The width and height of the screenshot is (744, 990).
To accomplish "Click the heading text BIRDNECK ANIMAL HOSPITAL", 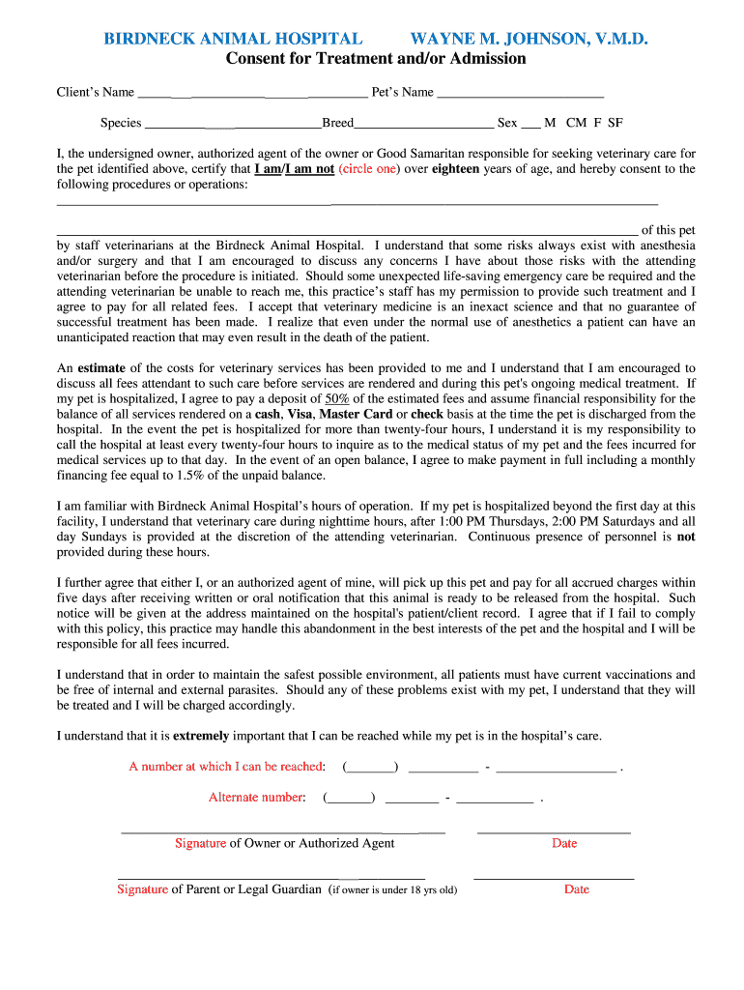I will [x=233, y=39].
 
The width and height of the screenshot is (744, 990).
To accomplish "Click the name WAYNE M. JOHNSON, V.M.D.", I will [x=529, y=39].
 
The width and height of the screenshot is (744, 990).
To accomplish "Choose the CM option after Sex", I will [x=577, y=123].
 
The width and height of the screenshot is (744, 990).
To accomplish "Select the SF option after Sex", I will [x=615, y=123].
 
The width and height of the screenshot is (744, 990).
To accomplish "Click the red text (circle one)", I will [x=368, y=168].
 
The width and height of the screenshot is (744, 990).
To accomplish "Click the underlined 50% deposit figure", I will [x=337, y=398].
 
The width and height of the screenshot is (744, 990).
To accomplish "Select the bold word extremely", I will [x=201, y=736].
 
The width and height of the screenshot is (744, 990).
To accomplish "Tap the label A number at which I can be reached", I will [x=227, y=767].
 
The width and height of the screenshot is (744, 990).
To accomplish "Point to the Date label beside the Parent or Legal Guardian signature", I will [x=577, y=889].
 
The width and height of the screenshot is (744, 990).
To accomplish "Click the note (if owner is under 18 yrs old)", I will [x=392, y=890].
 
